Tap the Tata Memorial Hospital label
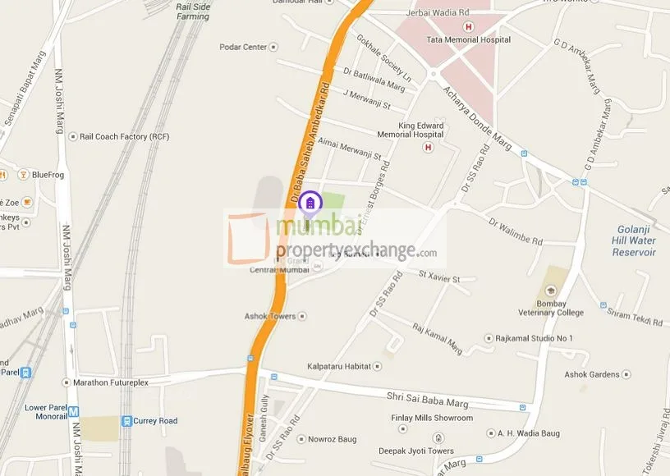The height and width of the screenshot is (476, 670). [468, 39]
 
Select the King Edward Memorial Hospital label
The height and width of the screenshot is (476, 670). [411, 130]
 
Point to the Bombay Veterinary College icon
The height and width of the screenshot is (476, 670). [550, 291]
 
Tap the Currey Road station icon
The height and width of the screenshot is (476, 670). [126, 421]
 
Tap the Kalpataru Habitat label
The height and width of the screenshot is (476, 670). [340, 366]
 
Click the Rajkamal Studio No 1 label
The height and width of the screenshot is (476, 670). [535, 338]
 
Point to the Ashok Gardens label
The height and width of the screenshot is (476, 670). [591, 374]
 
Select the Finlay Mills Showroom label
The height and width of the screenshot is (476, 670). [432, 418]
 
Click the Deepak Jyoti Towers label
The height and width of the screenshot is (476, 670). [415, 451]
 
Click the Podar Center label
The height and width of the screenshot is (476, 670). [244, 47]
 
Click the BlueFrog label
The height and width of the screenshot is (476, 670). [46, 174]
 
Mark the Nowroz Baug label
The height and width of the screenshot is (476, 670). [333, 440]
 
